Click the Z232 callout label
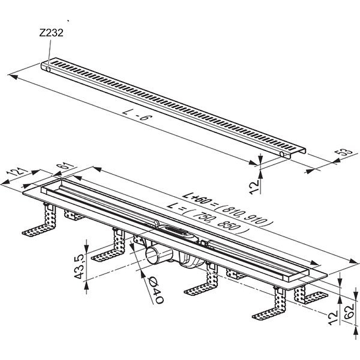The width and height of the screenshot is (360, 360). click(x=51, y=33)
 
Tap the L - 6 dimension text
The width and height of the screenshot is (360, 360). click(x=138, y=115)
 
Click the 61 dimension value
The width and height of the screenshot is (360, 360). click(x=66, y=167)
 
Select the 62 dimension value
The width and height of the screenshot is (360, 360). click(x=349, y=311)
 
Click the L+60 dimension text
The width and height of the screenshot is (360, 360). click(x=197, y=199)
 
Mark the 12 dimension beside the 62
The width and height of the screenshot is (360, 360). click(x=333, y=318)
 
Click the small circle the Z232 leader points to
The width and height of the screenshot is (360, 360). click(x=48, y=69)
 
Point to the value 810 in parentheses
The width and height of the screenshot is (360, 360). click(x=231, y=211)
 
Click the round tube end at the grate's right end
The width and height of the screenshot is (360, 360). click(x=282, y=154)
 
